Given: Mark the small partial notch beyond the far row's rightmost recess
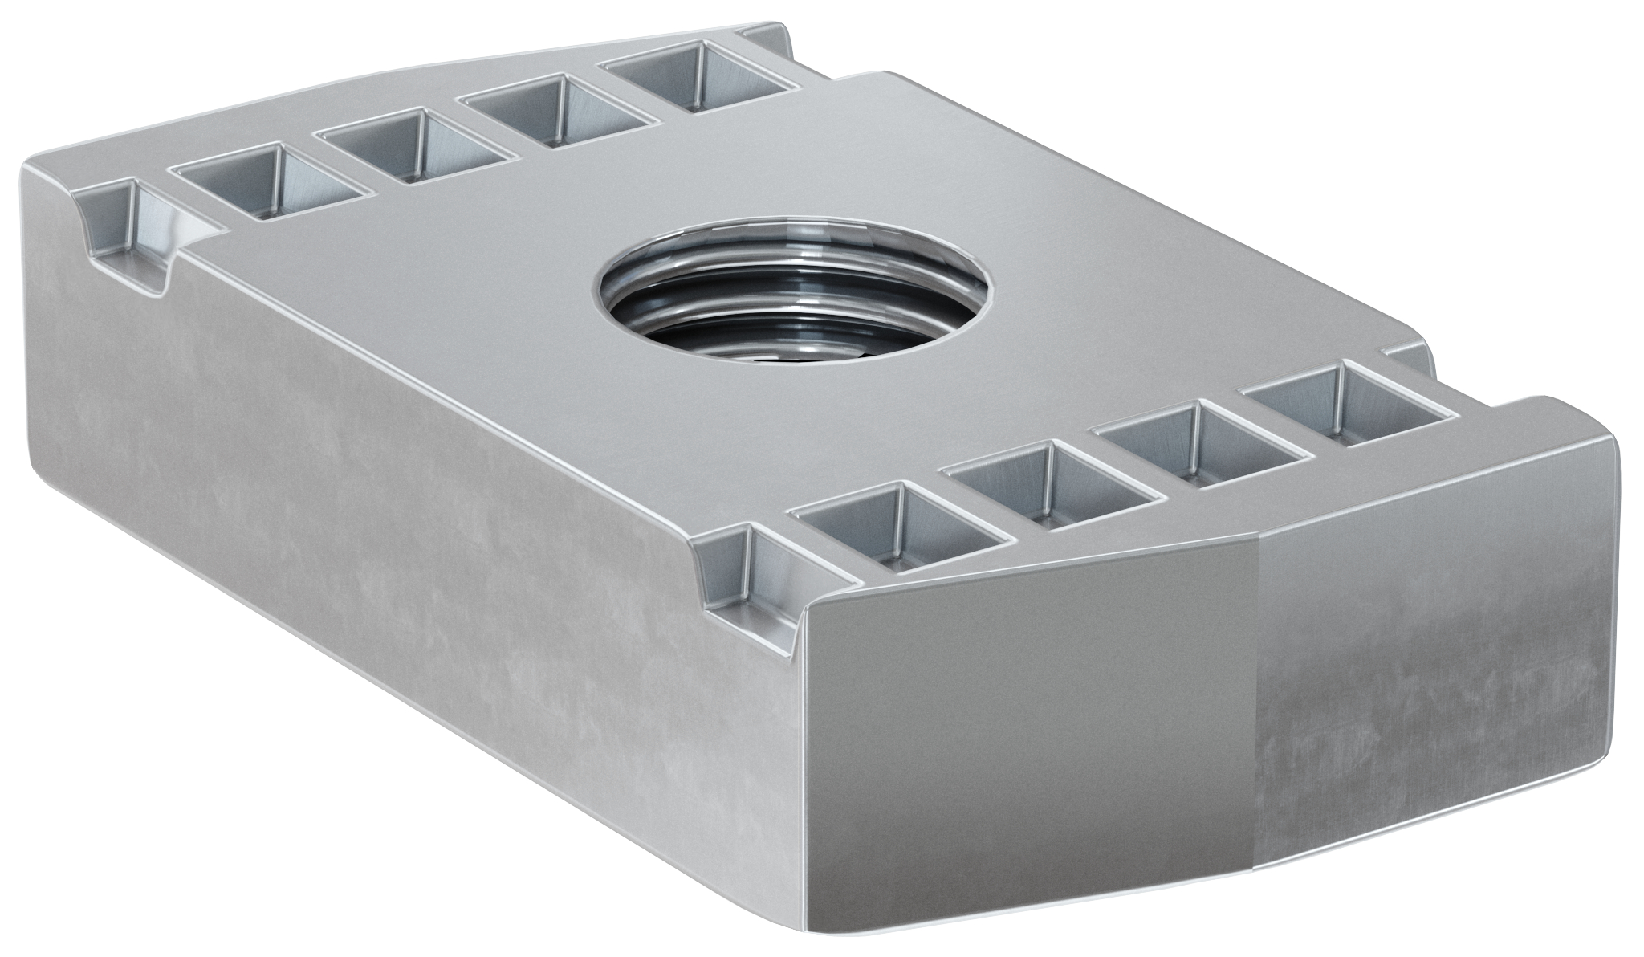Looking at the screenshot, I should [767, 36].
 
